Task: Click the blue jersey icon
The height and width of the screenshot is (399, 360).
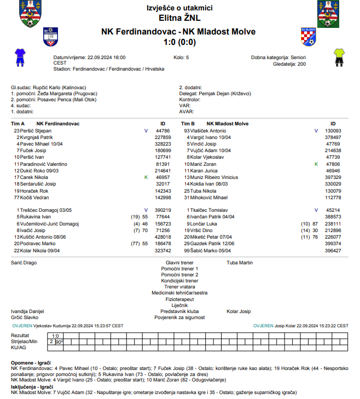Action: coord(20,55)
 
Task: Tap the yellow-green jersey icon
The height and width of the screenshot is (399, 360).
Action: coord(339,55)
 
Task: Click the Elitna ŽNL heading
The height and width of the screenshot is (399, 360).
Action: coord(179,18)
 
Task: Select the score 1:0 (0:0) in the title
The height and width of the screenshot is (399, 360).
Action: coord(179,42)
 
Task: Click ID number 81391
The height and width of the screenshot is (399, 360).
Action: coord(163,164)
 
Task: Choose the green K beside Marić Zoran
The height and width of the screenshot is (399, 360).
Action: coord(316,164)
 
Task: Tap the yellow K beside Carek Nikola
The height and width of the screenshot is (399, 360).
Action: coord(146,178)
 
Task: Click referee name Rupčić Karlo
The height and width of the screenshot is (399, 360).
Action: coord(45,88)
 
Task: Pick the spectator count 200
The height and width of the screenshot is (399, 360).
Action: coord(301,63)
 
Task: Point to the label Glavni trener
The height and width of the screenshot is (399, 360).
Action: coord(179,263)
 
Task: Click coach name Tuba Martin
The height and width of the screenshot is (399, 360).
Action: coord(240,263)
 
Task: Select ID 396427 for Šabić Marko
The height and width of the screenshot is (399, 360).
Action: coord(333,251)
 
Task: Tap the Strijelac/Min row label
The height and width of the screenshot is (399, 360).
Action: coord(24,341)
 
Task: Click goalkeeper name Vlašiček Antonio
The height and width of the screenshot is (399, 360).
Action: coord(208,131)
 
